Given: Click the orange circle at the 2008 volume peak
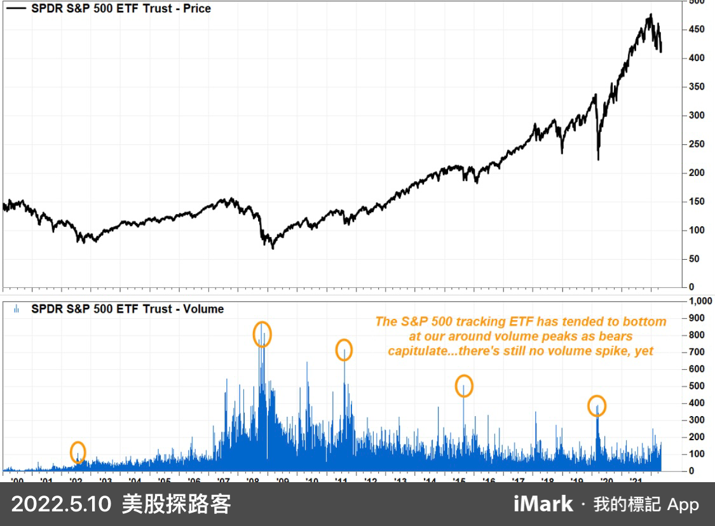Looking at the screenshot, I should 262,334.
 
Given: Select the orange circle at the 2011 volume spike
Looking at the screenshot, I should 344,350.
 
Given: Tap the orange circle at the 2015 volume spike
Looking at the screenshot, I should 464,386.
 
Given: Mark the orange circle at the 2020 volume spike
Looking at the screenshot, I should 597,405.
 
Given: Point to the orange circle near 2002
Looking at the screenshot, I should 78,452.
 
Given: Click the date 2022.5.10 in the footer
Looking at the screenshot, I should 60,504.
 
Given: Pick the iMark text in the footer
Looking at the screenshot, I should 543,504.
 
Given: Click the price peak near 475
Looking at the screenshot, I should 650,15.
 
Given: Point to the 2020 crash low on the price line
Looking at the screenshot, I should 598,159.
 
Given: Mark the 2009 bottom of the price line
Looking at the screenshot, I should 273,248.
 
